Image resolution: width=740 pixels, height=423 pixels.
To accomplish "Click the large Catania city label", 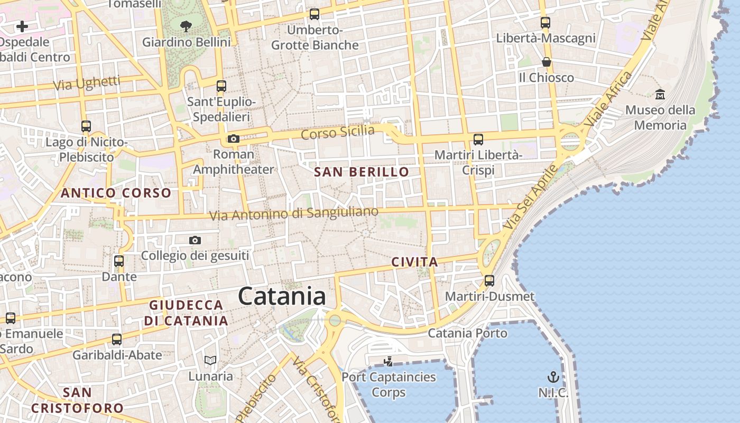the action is [282, 296].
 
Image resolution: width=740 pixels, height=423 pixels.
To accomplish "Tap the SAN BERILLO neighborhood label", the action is [362, 172].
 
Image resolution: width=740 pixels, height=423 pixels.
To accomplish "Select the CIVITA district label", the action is [415, 262].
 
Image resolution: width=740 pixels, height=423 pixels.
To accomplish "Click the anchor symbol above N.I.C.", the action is [553, 377].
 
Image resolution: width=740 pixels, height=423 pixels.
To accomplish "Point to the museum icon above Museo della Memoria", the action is [660, 94].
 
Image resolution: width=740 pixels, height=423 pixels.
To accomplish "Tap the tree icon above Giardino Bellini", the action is [186, 25].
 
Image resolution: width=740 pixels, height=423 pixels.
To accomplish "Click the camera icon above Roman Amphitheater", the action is [233, 139].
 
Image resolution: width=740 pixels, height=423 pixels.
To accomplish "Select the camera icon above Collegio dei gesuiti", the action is [195, 241].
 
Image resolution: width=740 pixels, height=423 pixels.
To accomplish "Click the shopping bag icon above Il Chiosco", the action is [547, 62].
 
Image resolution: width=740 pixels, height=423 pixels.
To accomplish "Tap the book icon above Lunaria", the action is [210, 361].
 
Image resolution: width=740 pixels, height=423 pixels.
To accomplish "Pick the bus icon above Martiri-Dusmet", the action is [489, 280].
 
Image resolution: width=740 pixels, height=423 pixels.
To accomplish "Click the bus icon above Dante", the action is [119, 261].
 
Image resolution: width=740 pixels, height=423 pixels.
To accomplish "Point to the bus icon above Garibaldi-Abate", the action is [117, 339].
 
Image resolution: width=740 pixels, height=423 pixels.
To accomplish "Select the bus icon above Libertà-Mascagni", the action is [545, 23].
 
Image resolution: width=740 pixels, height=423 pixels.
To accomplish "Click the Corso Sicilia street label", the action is [338, 132].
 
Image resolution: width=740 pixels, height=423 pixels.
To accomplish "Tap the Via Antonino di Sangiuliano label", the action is [294, 214].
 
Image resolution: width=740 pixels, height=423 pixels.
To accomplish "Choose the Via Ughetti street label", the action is [87, 83].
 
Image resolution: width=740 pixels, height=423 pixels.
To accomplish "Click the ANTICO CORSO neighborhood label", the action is [116, 193].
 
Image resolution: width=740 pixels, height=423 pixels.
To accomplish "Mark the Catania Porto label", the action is [467, 333].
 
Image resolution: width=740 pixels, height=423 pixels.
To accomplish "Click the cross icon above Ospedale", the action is [22, 26].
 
